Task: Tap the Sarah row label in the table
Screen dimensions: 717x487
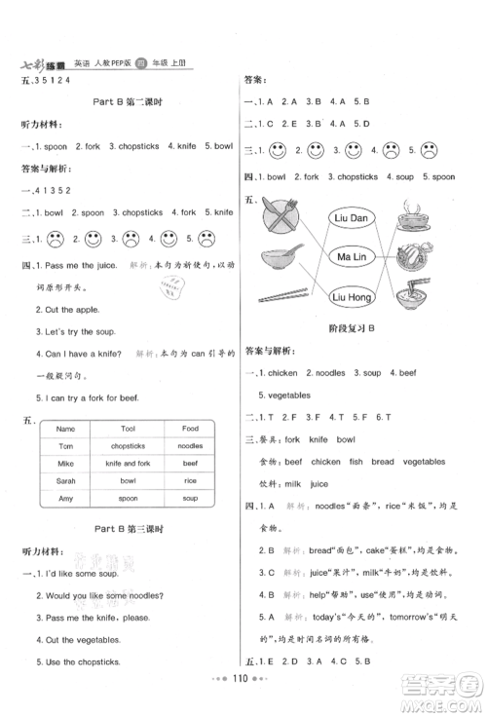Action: pyautogui.click(x=66, y=480)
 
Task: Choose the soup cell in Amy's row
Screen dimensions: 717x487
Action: pyautogui.click(x=190, y=498)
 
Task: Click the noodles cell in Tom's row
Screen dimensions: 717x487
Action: pyautogui.click(x=190, y=445)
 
